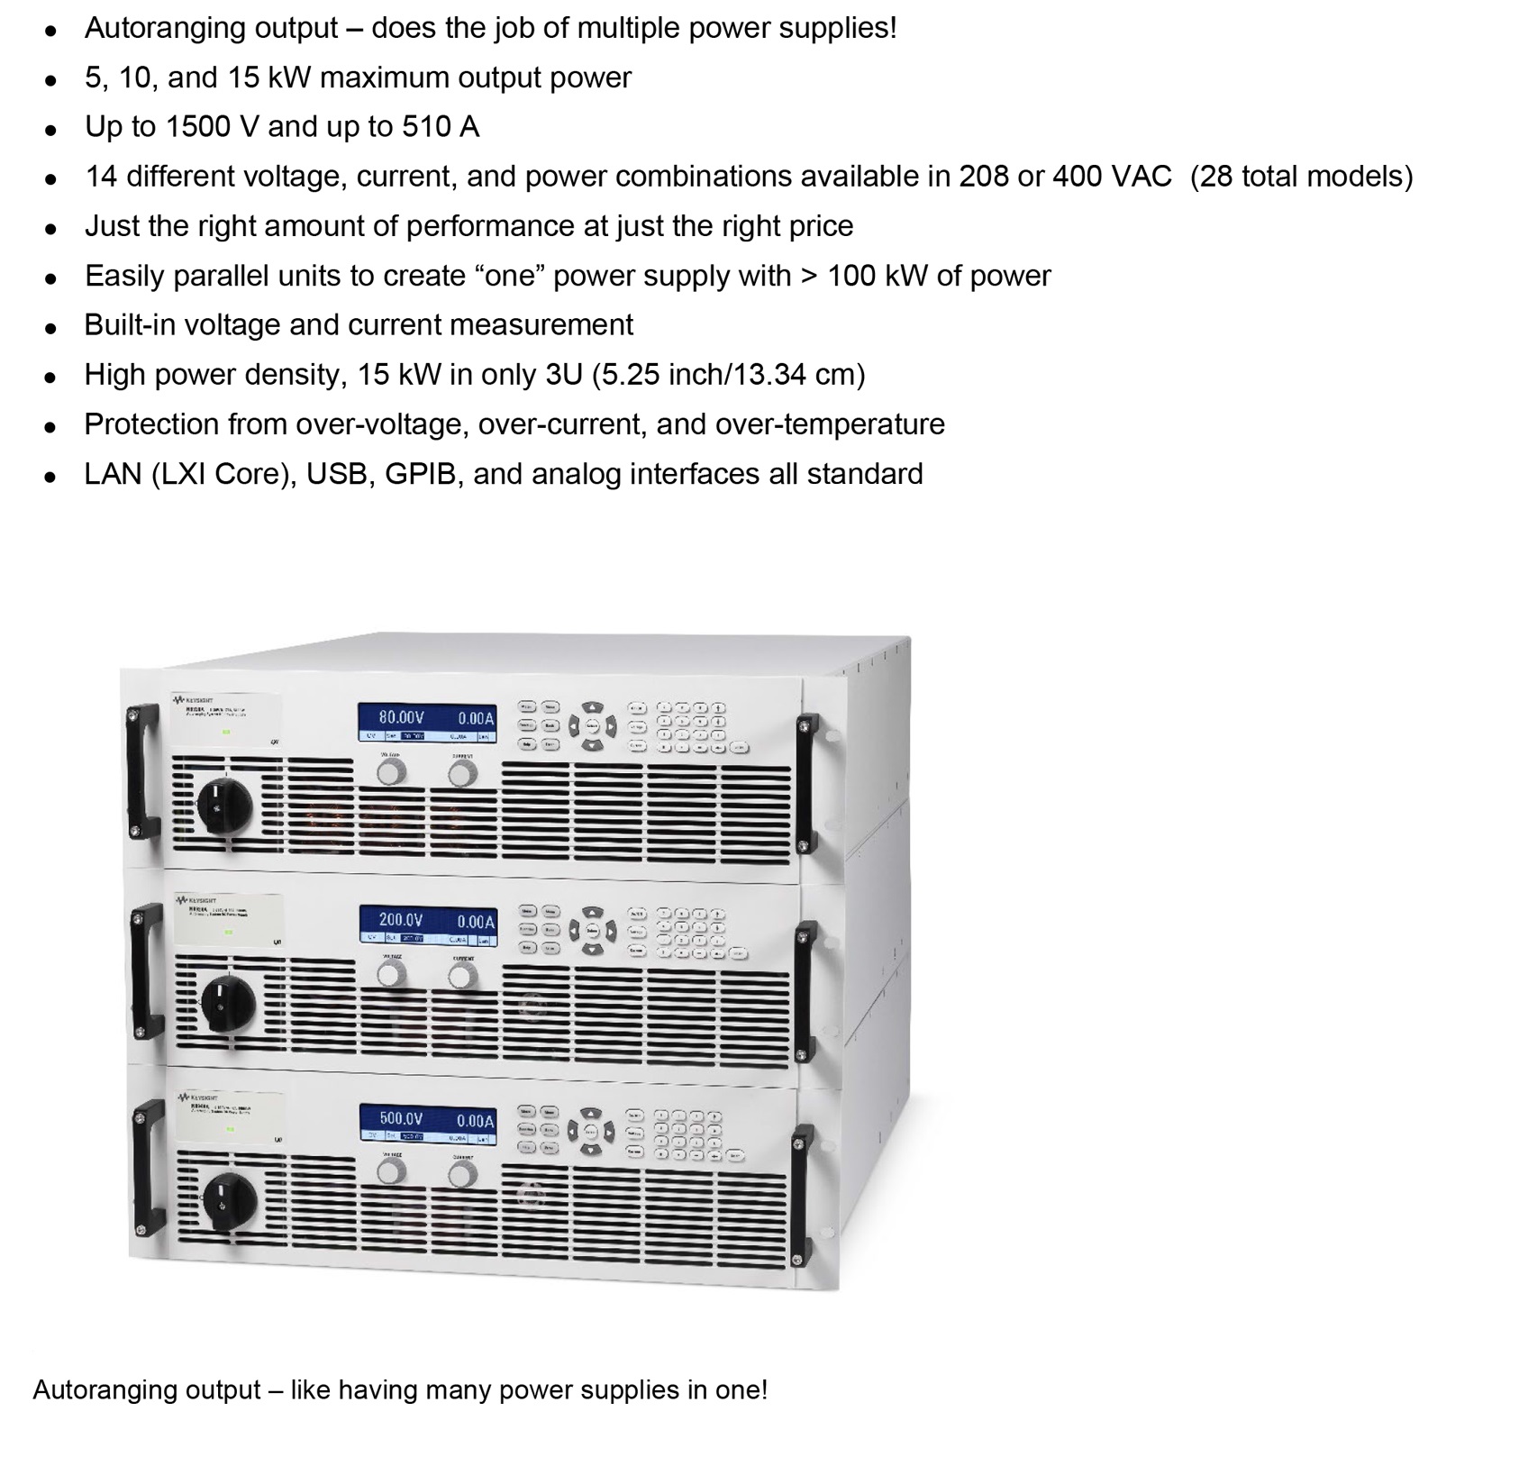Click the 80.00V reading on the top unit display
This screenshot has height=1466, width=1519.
[x=401, y=717]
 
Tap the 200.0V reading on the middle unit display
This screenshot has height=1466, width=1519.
[x=401, y=919]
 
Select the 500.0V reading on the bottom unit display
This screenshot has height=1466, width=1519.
[x=401, y=1118]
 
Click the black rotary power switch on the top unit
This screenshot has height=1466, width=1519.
[x=222, y=806]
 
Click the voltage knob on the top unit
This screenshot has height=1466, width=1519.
[x=391, y=773]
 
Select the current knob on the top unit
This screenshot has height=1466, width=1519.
[x=462, y=773]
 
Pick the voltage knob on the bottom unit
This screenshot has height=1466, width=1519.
[x=391, y=1172]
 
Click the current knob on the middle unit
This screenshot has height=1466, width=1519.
[x=462, y=976]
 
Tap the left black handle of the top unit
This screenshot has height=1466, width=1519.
[x=141, y=774]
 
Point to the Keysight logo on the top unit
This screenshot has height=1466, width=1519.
[x=193, y=698]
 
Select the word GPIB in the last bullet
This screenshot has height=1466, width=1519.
[x=421, y=474]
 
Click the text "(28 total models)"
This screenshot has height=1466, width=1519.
[x=1301, y=176]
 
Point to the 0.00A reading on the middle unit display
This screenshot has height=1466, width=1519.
[x=475, y=921]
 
